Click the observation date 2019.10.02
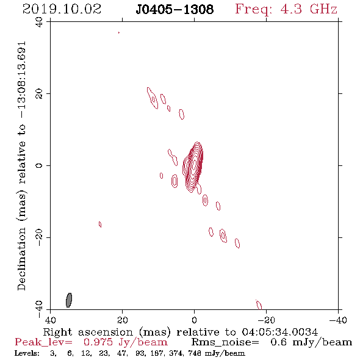(62, 9)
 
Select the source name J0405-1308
(175, 10)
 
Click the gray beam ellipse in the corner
(69, 300)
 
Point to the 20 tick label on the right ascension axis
(123, 320)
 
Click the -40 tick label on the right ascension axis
(338, 320)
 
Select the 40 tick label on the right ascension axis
(50, 320)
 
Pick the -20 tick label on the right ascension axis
(266, 320)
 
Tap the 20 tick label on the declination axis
(39, 94)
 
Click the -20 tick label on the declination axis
(39, 237)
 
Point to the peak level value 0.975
(98, 342)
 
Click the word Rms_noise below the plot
(225, 342)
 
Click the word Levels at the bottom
(27, 353)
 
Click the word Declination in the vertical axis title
(21, 259)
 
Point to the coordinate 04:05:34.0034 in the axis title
(280, 332)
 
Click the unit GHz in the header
(323, 9)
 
